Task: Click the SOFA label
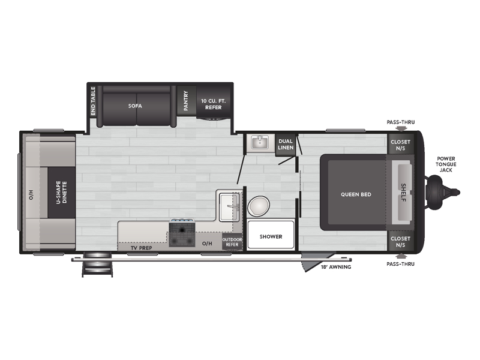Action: click(135, 106)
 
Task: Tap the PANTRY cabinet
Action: click(187, 101)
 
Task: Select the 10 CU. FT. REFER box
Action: click(214, 101)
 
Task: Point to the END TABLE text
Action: click(93, 101)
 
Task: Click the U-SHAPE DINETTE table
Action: click(62, 192)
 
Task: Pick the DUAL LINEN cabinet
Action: click(286, 145)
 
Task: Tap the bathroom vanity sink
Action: click(260, 142)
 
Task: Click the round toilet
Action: click(259, 206)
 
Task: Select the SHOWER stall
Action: click(271, 235)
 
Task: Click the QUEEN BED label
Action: click(356, 194)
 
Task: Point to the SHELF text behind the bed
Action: click(404, 193)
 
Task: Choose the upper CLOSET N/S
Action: click(400, 145)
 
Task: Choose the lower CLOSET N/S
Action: click(400, 241)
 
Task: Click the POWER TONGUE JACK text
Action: click(446, 164)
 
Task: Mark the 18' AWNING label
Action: click(336, 267)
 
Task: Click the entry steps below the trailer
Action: click(97, 265)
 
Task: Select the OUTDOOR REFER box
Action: click(232, 242)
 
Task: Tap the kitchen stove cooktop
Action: click(182, 233)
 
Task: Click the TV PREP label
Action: click(142, 248)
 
